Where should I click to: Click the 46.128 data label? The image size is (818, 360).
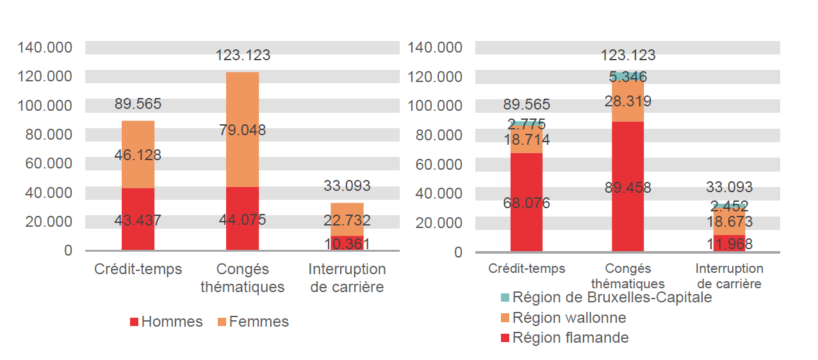[x=138, y=155]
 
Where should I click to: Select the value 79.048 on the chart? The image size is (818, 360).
[x=242, y=131]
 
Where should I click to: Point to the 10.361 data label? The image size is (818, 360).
[x=347, y=244]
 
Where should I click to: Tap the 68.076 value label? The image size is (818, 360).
[x=527, y=203]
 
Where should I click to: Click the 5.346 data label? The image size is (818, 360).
[x=628, y=78]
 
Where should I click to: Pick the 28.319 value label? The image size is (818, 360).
[x=628, y=101]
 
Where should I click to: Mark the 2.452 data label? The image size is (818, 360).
[x=729, y=206]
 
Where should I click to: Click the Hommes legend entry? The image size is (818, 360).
[x=166, y=322]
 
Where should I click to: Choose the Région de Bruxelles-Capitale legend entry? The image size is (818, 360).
[x=606, y=297]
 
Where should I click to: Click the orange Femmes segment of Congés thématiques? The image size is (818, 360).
[x=242, y=102]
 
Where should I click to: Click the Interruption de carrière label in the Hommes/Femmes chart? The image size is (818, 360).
[x=347, y=278]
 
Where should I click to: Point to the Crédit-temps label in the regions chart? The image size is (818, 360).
[x=527, y=269]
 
